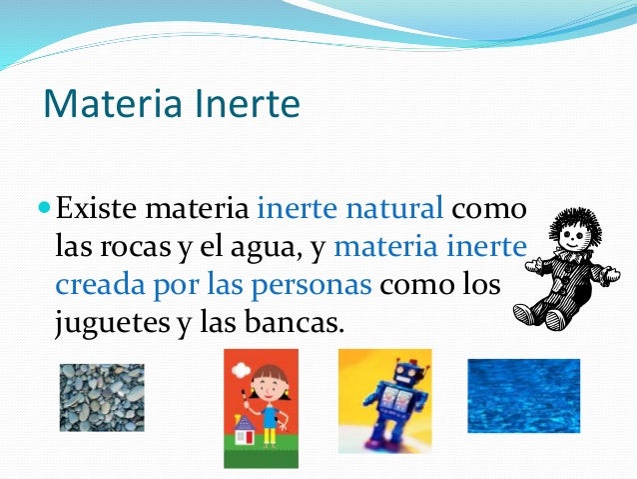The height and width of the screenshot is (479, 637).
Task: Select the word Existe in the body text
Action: (x=95, y=211)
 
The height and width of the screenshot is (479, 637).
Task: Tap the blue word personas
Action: (x=317, y=285)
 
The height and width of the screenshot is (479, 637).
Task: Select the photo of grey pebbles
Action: (x=101, y=397)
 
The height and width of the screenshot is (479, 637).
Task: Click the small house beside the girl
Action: (x=244, y=431)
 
